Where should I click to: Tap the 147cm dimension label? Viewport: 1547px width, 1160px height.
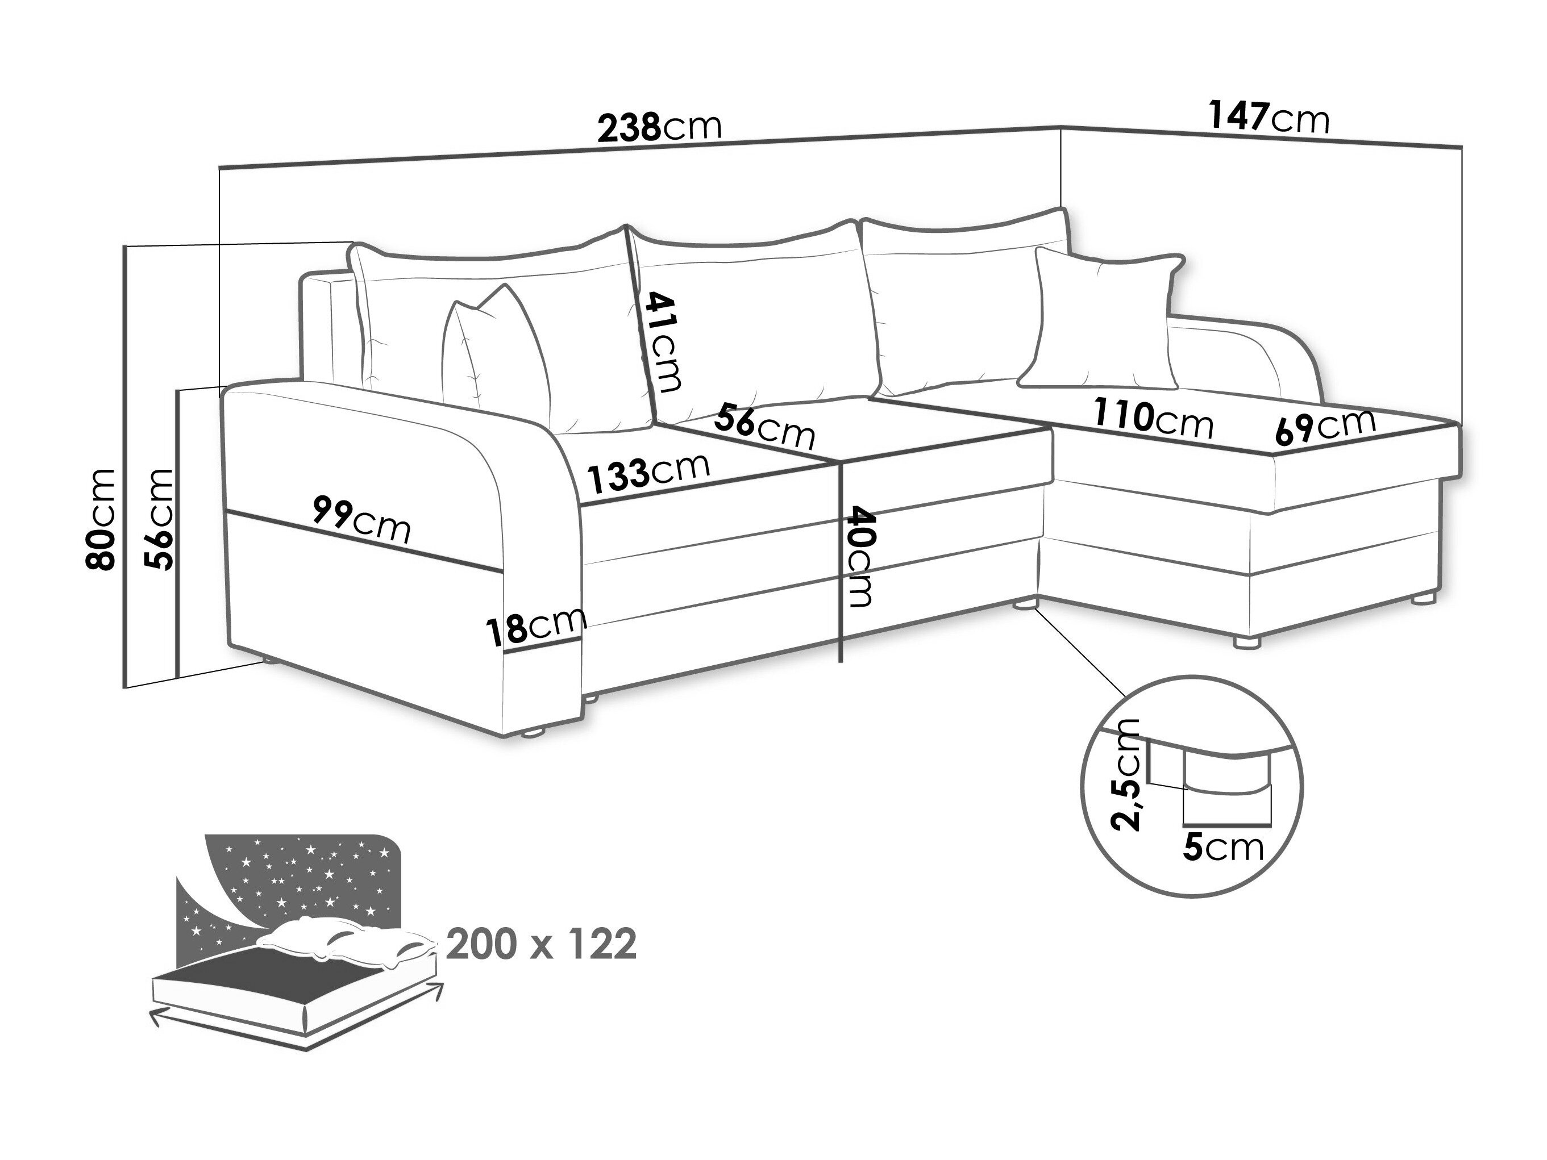pyautogui.click(x=1269, y=118)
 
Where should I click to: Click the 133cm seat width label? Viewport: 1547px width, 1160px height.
pyautogui.click(x=648, y=473)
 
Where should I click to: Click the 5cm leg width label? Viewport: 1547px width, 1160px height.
pyautogui.click(x=1224, y=848)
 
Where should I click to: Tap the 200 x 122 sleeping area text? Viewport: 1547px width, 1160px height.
pyautogui.click(x=541, y=945)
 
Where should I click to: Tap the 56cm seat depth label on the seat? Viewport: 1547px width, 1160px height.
pyautogui.click(x=765, y=427)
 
